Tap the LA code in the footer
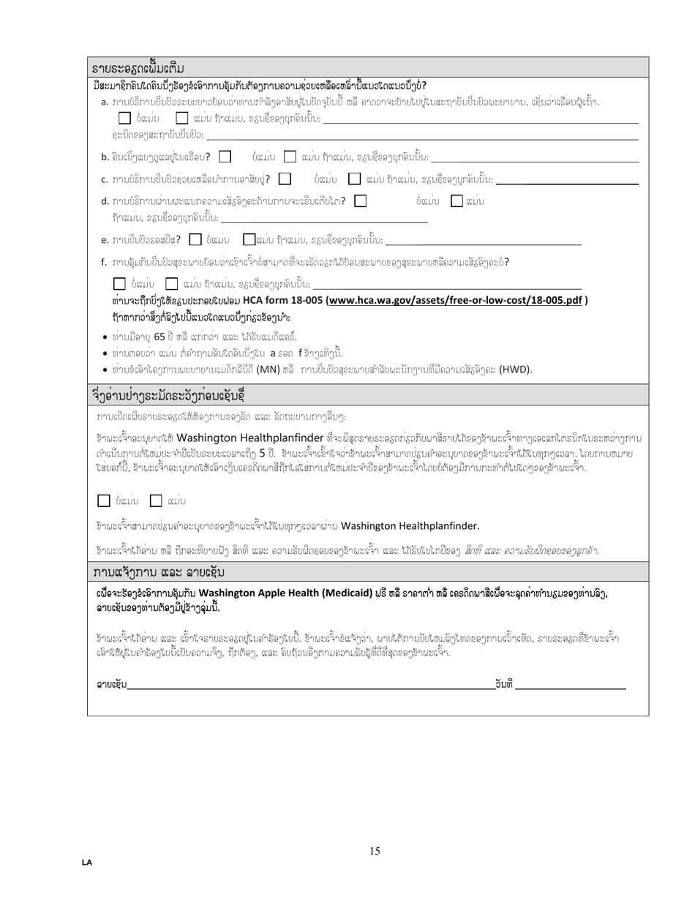click(87, 863)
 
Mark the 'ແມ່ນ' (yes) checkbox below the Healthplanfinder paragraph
click(156, 501)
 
